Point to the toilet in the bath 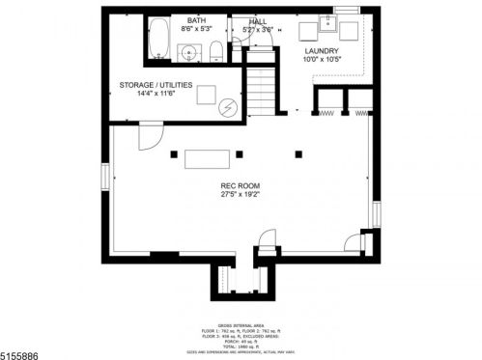218,52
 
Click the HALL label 258,20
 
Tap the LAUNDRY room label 321,51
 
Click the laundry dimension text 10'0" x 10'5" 321,60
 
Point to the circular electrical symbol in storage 228,106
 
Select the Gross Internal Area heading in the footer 241,325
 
